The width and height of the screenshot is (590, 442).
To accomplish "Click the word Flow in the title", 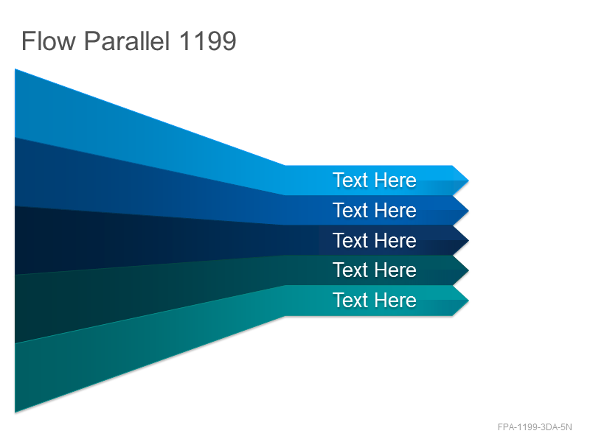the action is tap(49, 41).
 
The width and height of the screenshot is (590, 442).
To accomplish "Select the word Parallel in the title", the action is tap(127, 41).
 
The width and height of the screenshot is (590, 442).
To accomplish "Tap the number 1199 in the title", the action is tap(208, 41).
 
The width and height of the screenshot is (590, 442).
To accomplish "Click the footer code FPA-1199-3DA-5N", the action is tap(535, 427).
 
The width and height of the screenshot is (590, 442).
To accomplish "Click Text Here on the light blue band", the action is tap(375, 180).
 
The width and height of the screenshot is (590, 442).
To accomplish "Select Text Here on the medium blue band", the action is tap(375, 210).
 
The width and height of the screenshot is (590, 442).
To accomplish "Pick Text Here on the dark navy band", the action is tap(375, 240).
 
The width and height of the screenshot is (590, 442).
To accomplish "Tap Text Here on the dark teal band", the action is tap(375, 270).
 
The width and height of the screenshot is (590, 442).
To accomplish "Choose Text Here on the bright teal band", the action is tap(375, 300).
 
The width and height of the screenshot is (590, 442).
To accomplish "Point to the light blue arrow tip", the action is tap(468, 180).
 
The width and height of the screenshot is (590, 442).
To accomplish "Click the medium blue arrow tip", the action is tap(468, 211).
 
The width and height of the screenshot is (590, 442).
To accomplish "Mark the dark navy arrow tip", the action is tap(468, 241).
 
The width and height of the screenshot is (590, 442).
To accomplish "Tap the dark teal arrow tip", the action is tap(468, 270).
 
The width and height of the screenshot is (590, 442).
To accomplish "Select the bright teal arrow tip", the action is tap(468, 301).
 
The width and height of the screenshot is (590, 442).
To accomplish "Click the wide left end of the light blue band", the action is tap(15, 103).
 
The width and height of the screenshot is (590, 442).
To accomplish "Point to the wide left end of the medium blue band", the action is tap(15, 172).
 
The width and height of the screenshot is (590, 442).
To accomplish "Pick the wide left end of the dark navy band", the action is tap(15, 241).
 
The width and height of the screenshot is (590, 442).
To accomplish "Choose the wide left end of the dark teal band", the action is tap(15, 309).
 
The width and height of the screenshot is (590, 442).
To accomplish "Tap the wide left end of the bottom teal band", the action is tap(15, 378).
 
